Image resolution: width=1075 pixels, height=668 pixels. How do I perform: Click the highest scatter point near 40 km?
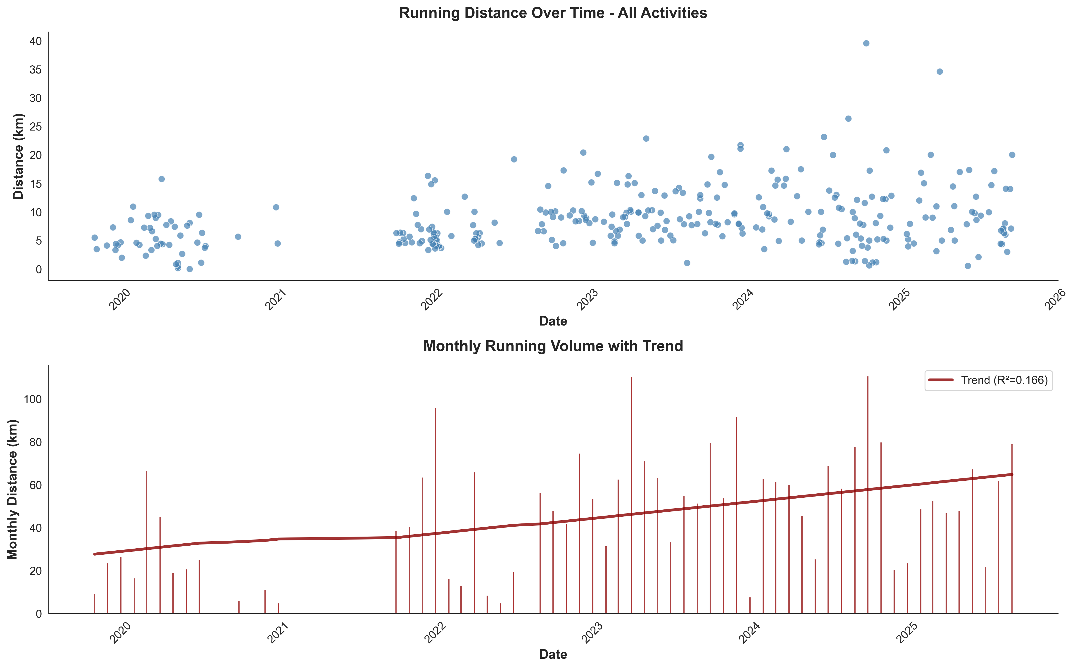point(866,43)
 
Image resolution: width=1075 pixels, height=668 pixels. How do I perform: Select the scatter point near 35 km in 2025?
point(940,71)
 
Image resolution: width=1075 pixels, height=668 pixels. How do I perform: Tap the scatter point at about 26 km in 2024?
point(848,118)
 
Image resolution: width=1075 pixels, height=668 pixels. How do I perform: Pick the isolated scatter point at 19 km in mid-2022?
point(514,159)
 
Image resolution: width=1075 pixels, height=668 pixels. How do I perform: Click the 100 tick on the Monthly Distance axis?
point(33,399)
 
